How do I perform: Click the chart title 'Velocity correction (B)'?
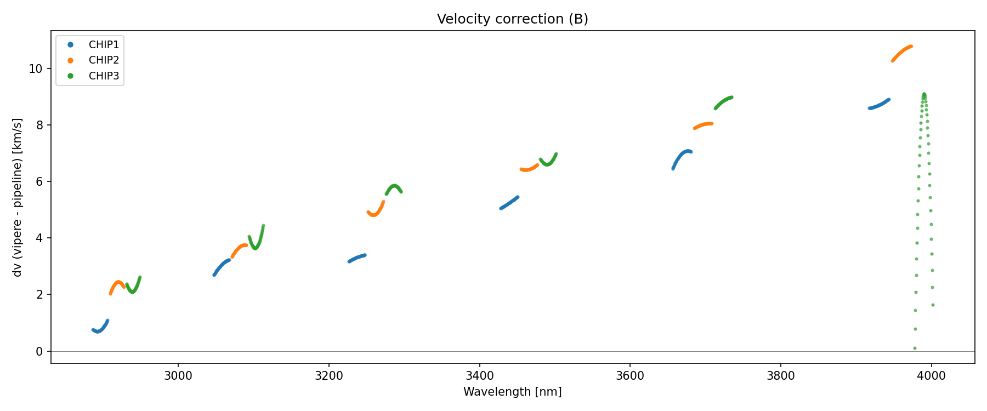tap(512, 19)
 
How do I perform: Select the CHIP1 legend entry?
tap(104, 44)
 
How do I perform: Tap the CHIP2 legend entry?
tap(104, 60)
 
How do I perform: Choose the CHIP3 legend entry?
tap(104, 76)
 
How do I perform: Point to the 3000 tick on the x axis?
tap(178, 376)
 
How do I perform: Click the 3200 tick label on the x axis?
tap(329, 376)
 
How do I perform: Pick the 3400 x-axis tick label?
tap(479, 376)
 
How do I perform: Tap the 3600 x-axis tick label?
tap(630, 376)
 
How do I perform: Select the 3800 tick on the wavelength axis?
tap(780, 376)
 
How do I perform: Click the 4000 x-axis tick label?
tap(931, 376)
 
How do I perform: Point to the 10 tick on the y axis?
tap(36, 69)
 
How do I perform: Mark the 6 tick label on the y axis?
tap(39, 182)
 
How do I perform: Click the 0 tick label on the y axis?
tap(39, 351)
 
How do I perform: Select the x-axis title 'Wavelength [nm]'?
tap(512, 392)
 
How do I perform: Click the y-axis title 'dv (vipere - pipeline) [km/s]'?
tap(18, 197)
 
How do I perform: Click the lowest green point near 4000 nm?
tap(915, 348)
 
